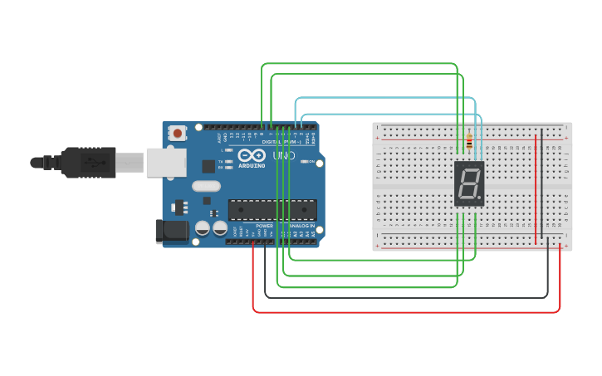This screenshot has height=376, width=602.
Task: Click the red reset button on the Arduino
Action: pos(177,133)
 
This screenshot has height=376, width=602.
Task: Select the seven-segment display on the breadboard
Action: pos(469,183)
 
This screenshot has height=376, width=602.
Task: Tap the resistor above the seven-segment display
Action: pos(469,143)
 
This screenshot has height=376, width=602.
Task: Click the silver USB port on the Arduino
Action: pos(166,163)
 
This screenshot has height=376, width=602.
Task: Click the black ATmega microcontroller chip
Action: pos(272,210)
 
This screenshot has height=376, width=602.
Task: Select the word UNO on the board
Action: pos(284,155)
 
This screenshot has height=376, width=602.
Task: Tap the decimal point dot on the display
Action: pos(480,200)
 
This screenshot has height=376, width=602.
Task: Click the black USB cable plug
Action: pos(88,163)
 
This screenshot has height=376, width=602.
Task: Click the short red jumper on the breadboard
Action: pos(536,187)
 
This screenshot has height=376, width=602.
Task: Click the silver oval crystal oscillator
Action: pos(206,186)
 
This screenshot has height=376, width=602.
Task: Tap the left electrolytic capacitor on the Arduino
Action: pos(203,228)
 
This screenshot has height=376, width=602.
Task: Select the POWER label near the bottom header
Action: pos(264,225)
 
